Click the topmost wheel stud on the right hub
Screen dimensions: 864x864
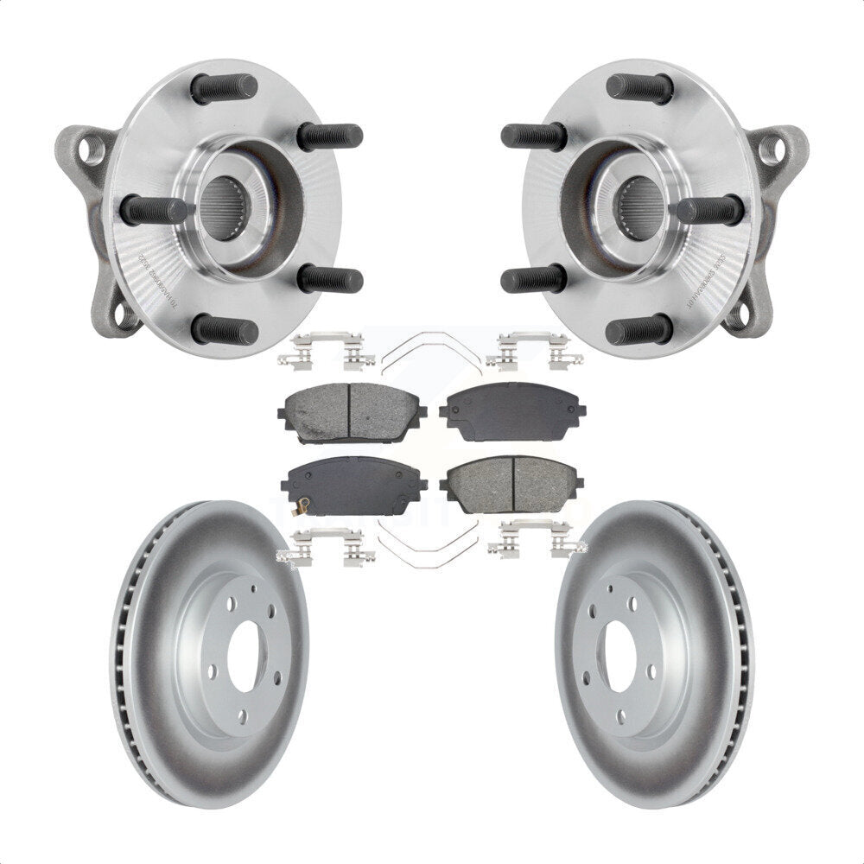click(x=639, y=87)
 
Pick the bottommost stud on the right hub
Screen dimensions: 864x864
click(x=639, y=329)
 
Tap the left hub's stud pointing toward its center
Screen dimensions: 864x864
click(x=154, y=210)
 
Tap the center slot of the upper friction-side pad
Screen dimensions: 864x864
click(x=348, y=411)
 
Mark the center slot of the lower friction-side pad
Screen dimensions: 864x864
click(x=515, y=484)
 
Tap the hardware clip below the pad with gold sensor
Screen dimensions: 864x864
click(x=327, y=548)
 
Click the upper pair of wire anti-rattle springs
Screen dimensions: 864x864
click(x=431, y=349)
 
